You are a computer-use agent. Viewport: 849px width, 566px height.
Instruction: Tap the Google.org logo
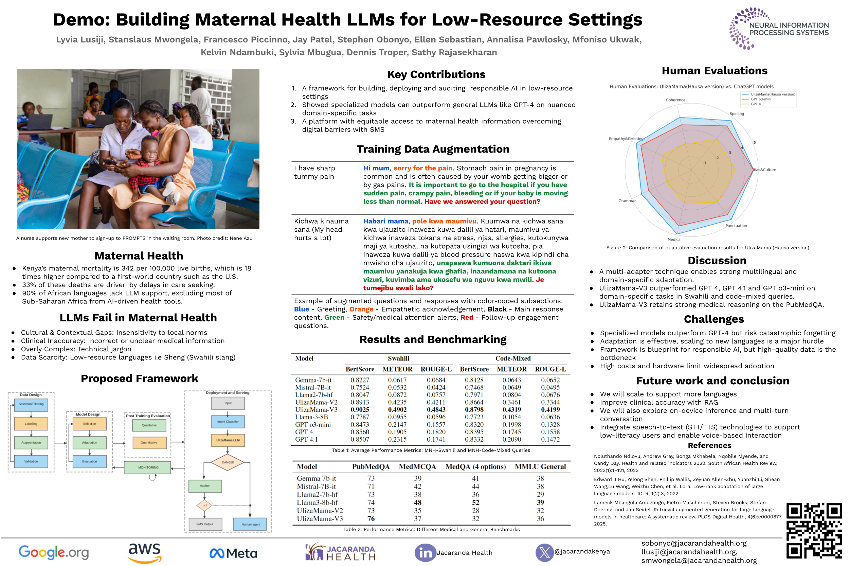point(53,552)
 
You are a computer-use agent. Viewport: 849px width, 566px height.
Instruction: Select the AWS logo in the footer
point(144,552)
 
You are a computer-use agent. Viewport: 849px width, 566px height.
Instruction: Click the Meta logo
point(233,553)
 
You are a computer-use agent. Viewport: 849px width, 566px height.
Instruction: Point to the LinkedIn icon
point(425,553)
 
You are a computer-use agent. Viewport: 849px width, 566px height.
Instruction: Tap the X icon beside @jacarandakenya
point(544,552)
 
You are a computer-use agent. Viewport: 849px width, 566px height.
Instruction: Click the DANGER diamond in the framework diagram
point(228,462)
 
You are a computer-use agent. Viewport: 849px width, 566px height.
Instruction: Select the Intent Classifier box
point(228,421)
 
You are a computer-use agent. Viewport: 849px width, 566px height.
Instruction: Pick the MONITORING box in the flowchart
point(148,467)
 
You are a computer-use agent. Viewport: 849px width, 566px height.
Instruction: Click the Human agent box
point(250,524)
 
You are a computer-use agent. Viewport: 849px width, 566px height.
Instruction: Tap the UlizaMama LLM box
point(228,440)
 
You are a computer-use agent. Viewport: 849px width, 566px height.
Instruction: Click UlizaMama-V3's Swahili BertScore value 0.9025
point(359,410)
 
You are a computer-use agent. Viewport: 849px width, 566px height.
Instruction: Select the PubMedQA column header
point(371,467)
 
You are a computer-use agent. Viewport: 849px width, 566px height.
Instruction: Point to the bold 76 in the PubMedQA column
point(371,519)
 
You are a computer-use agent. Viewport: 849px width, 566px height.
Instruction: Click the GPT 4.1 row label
point(306,439)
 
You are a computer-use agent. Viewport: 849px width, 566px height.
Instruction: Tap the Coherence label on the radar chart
point(675,100)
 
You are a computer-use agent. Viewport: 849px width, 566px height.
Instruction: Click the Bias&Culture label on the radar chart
point(765,170)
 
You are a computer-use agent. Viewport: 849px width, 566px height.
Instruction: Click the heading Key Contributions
point(436,74)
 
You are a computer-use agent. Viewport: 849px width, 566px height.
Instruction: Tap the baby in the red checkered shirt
point(151,166)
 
